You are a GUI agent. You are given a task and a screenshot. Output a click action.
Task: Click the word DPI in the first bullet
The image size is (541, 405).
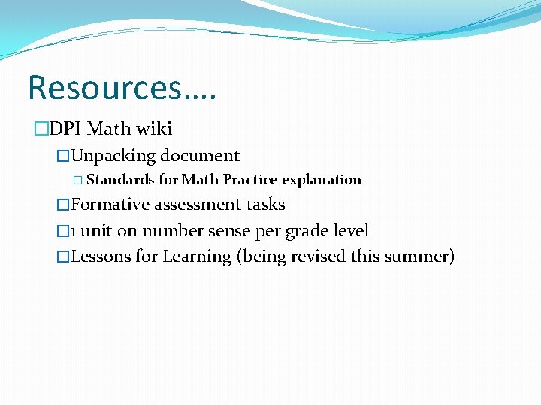click(x=66, y=129)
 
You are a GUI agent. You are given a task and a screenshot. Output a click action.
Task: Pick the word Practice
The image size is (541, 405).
click(x=250, y=180)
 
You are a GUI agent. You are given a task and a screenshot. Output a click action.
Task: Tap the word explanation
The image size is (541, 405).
click(x=322, y=180)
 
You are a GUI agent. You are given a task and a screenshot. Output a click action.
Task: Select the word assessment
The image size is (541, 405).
click(x=197, y=205)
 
